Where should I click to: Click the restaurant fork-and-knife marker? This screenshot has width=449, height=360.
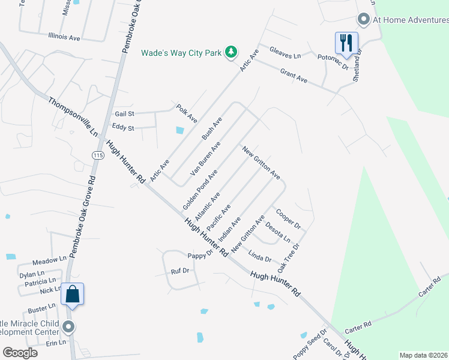click(346, 43)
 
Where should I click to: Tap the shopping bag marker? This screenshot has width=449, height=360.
click(72, 294)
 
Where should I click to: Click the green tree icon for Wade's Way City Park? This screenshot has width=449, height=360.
click(231, 53)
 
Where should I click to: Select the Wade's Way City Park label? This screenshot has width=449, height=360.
click(181, 53)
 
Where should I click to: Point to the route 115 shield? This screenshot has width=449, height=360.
click(97, 155)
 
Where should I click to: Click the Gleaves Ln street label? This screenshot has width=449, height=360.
click(285, 53)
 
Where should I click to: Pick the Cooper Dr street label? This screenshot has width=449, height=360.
click(288, 218)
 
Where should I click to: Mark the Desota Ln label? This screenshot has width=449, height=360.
click(278, 233)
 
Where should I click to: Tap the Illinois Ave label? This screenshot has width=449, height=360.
click(64, 37)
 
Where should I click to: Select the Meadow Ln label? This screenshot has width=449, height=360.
click(49, 261)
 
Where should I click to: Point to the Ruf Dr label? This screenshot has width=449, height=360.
click(180, 271)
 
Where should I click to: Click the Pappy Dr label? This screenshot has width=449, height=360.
click(200, 256)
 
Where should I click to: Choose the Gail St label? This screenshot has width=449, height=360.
click(124, 113)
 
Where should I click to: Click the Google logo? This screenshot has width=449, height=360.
click(20, 353)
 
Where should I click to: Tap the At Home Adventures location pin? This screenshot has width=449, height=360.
click(363, 20)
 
